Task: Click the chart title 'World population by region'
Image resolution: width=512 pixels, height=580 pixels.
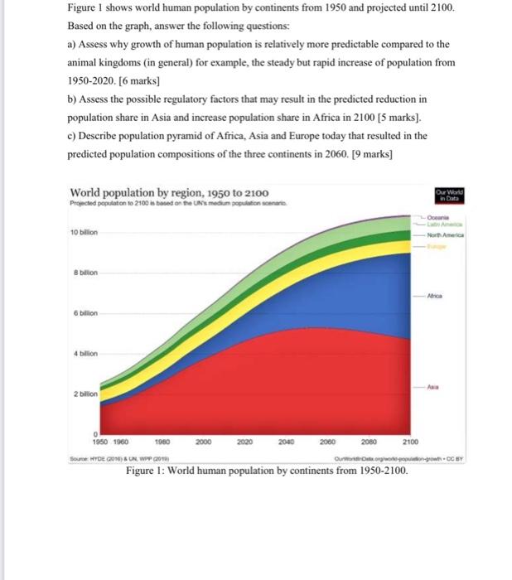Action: (x=169, y=192)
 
